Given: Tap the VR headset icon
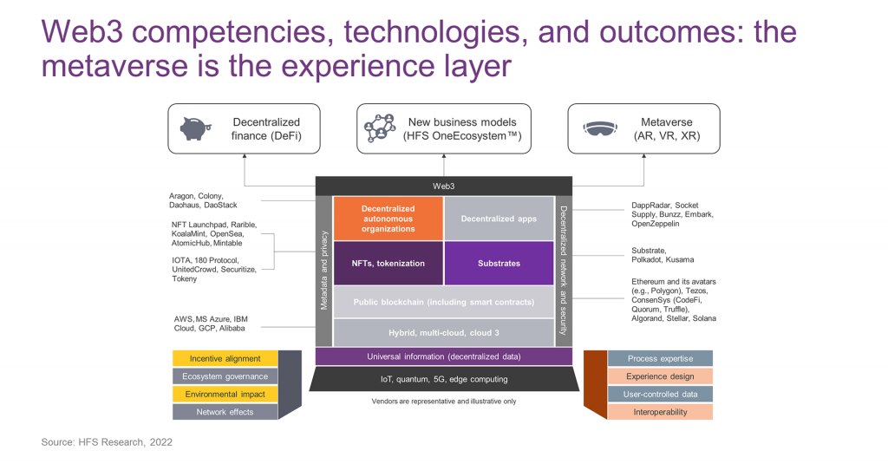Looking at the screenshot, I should coord(597,128).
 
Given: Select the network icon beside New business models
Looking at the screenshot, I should coord(380,128).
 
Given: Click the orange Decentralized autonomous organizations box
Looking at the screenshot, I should coord(388,219).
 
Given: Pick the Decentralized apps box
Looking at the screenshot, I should coord(499,219).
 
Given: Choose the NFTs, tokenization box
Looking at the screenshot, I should coord(388,263).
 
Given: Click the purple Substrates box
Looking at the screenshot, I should coord(499,263).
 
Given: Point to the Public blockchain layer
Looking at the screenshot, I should coord(443,302).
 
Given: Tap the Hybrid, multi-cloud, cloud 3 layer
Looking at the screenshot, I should coord(443,333).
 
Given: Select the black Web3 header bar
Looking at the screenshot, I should coord(443,186).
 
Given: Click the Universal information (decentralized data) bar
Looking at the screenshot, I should coord(443,356).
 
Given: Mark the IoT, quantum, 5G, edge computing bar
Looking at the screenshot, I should coord(443,379).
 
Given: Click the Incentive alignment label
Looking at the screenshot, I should coord(225,358).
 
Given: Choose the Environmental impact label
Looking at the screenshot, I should coord(225,394).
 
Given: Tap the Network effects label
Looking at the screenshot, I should coord(225,412).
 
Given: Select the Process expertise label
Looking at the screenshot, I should coord(660,358).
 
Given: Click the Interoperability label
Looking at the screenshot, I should coord(660,412).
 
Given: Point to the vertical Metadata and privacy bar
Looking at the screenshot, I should coord(323,271).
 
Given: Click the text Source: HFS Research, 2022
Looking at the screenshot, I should coord(107,442).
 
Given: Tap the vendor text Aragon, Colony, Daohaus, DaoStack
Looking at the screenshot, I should coord(205,200).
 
